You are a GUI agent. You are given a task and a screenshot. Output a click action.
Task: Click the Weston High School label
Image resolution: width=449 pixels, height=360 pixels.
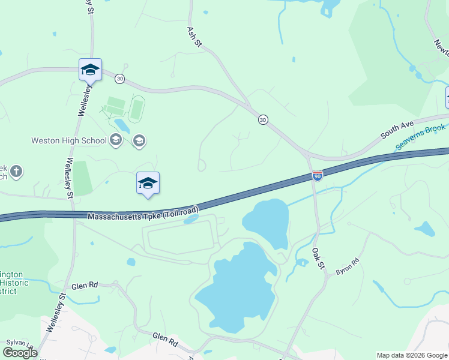[69, 141]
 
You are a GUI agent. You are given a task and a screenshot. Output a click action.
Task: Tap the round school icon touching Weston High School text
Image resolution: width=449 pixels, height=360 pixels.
[116, 141]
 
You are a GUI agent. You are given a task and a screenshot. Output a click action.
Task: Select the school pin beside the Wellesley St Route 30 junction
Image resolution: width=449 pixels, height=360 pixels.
[90, 70]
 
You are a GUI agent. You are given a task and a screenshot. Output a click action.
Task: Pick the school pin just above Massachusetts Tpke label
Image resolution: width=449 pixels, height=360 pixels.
[148, 184]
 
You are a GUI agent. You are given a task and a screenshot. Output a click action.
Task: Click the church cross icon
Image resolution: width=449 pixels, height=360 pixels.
[16, 172]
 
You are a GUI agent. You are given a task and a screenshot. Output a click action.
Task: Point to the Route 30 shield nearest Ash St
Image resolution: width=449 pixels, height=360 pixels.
[263, 120]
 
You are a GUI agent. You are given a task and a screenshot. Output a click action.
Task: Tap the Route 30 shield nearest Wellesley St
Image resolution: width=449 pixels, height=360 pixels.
[120, 79]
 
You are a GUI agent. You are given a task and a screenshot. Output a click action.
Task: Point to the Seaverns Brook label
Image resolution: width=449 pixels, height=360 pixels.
[420, 138]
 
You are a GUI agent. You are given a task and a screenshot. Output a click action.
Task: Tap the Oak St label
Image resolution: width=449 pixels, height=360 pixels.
[318, 258]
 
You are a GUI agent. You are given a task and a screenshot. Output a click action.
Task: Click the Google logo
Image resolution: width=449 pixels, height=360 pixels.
[20, 353]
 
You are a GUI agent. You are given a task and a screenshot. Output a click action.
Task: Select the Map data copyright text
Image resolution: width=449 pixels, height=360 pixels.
[412, 355]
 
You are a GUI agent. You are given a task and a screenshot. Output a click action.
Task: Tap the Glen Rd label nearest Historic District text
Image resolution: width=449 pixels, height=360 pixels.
[84, 286]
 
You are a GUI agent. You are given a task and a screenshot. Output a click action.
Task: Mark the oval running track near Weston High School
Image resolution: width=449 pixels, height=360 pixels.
[137, 109]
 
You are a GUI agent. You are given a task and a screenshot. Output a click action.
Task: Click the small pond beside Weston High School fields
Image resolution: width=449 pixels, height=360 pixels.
[122, 125]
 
